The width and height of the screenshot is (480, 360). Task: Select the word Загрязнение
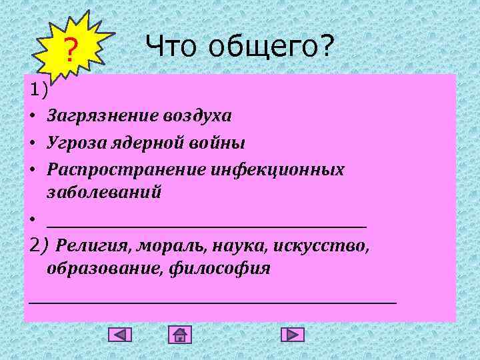[100, 116]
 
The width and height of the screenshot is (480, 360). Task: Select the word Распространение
[126, 169]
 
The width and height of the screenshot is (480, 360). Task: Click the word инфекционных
[278, 169]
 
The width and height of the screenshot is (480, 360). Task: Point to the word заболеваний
[104, 192]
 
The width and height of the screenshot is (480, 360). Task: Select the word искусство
[321, 246]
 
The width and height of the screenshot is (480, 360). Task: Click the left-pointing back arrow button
[120, 335]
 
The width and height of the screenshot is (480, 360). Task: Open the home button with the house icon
[180, 335]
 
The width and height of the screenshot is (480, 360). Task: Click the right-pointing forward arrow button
[292, 335]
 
